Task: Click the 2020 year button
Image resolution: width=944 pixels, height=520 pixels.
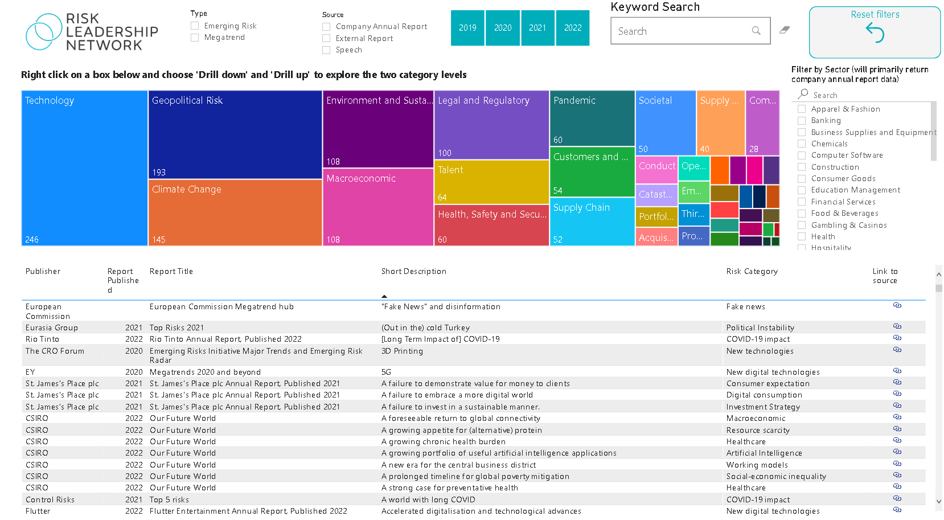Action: [x=503, y=28]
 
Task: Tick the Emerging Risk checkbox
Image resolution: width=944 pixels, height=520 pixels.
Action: [x=195, y=26]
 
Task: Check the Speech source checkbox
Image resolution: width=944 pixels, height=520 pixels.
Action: [x=326, y=50]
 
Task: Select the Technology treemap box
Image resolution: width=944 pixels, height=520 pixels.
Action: [x=84, y=168]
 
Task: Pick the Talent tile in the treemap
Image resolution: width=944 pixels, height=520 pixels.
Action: [x=491, y=182]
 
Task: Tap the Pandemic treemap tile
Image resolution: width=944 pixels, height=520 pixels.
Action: [x=592, y=118]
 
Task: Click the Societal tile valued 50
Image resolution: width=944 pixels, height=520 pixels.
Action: [x=665, y=122]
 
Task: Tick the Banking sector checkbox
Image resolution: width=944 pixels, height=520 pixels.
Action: [x=802, y=121]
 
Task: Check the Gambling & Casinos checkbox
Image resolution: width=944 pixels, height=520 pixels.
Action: [x=802, y=226]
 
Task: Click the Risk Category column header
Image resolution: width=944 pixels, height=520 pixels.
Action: [x=752, y=272]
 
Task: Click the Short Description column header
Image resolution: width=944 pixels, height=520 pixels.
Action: [x=413, y=272]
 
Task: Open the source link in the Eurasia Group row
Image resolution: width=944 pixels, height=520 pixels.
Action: [x=897, y=327]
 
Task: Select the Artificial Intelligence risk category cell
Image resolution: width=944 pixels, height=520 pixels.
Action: [x=764, y=453]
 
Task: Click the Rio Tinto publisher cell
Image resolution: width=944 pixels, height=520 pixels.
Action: [x=42, y=339]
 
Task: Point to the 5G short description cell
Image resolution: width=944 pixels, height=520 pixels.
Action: [x=386, y=372]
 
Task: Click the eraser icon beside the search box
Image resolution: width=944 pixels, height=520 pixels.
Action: [x=785, y=30]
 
